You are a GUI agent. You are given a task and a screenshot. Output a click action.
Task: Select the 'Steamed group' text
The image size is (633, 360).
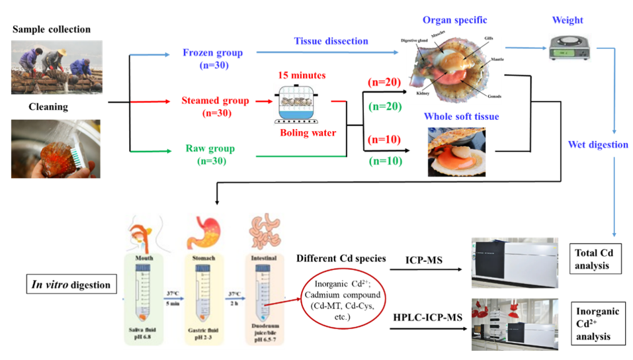click(215, 101)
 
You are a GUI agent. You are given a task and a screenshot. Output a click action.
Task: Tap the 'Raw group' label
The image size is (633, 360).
click(210, 149)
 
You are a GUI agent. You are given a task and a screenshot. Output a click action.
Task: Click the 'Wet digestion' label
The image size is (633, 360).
click(599, 144)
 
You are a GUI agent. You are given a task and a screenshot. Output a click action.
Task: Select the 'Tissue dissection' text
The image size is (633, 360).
click(331, 41)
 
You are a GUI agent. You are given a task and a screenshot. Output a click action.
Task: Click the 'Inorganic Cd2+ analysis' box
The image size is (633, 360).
click(598, 324)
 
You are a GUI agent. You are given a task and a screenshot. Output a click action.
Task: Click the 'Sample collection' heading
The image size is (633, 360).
click(51, 30)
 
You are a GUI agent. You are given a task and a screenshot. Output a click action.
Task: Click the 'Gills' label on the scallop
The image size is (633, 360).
click(488, 39)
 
